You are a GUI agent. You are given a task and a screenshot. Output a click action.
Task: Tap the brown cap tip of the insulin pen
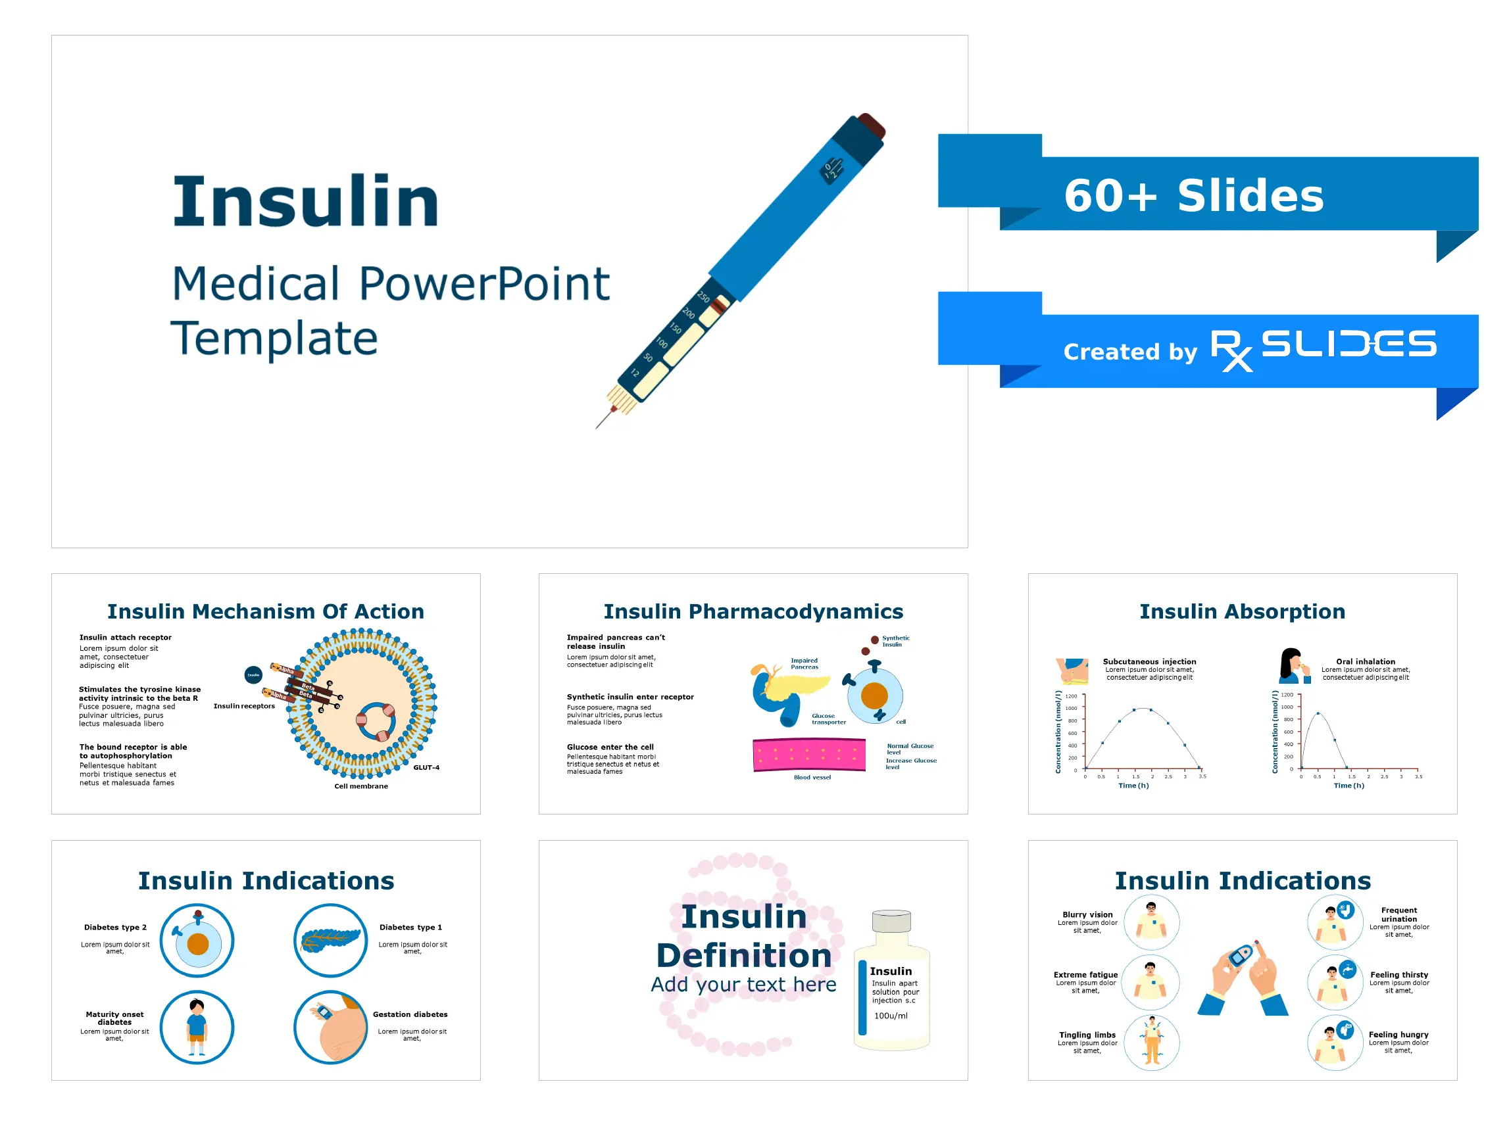click(x=872, y=126)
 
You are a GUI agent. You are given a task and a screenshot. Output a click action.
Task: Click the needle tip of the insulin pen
click(x=597, y=427)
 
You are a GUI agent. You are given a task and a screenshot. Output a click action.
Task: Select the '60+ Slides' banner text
click(x=1194, y=197)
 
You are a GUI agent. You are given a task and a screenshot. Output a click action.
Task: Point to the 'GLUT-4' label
click(x=426, y=768)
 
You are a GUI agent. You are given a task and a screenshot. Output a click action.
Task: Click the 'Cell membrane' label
click(x=361, y=786)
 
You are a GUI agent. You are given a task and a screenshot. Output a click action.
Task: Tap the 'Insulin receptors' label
click(x=243, y=706)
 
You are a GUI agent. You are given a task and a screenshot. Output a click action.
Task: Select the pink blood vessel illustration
click(x=809, y=755)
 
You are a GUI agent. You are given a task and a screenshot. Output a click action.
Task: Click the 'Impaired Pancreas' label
click(x=804, y=663)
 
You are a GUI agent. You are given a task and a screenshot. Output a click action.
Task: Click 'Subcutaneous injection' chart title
click(x=1149, y=661)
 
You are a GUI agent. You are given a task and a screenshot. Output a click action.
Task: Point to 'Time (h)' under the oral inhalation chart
click(x=1348, y=786)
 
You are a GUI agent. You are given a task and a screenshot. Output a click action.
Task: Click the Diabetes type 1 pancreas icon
click(x=331, y=941)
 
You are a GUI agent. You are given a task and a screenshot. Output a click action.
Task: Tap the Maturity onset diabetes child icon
click(x=197, y=1027)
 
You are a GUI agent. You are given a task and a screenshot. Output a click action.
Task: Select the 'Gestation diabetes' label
click(x=410, y=1014)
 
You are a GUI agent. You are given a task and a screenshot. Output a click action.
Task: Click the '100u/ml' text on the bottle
click(x=891, y=1016)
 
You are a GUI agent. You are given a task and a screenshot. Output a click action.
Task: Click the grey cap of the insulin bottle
click(x=891, y=921)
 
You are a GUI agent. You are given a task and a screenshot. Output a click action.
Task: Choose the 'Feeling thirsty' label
click(x=1398, y=975)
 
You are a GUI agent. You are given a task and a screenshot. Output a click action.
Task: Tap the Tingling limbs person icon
click(x=1152, y=1042)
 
